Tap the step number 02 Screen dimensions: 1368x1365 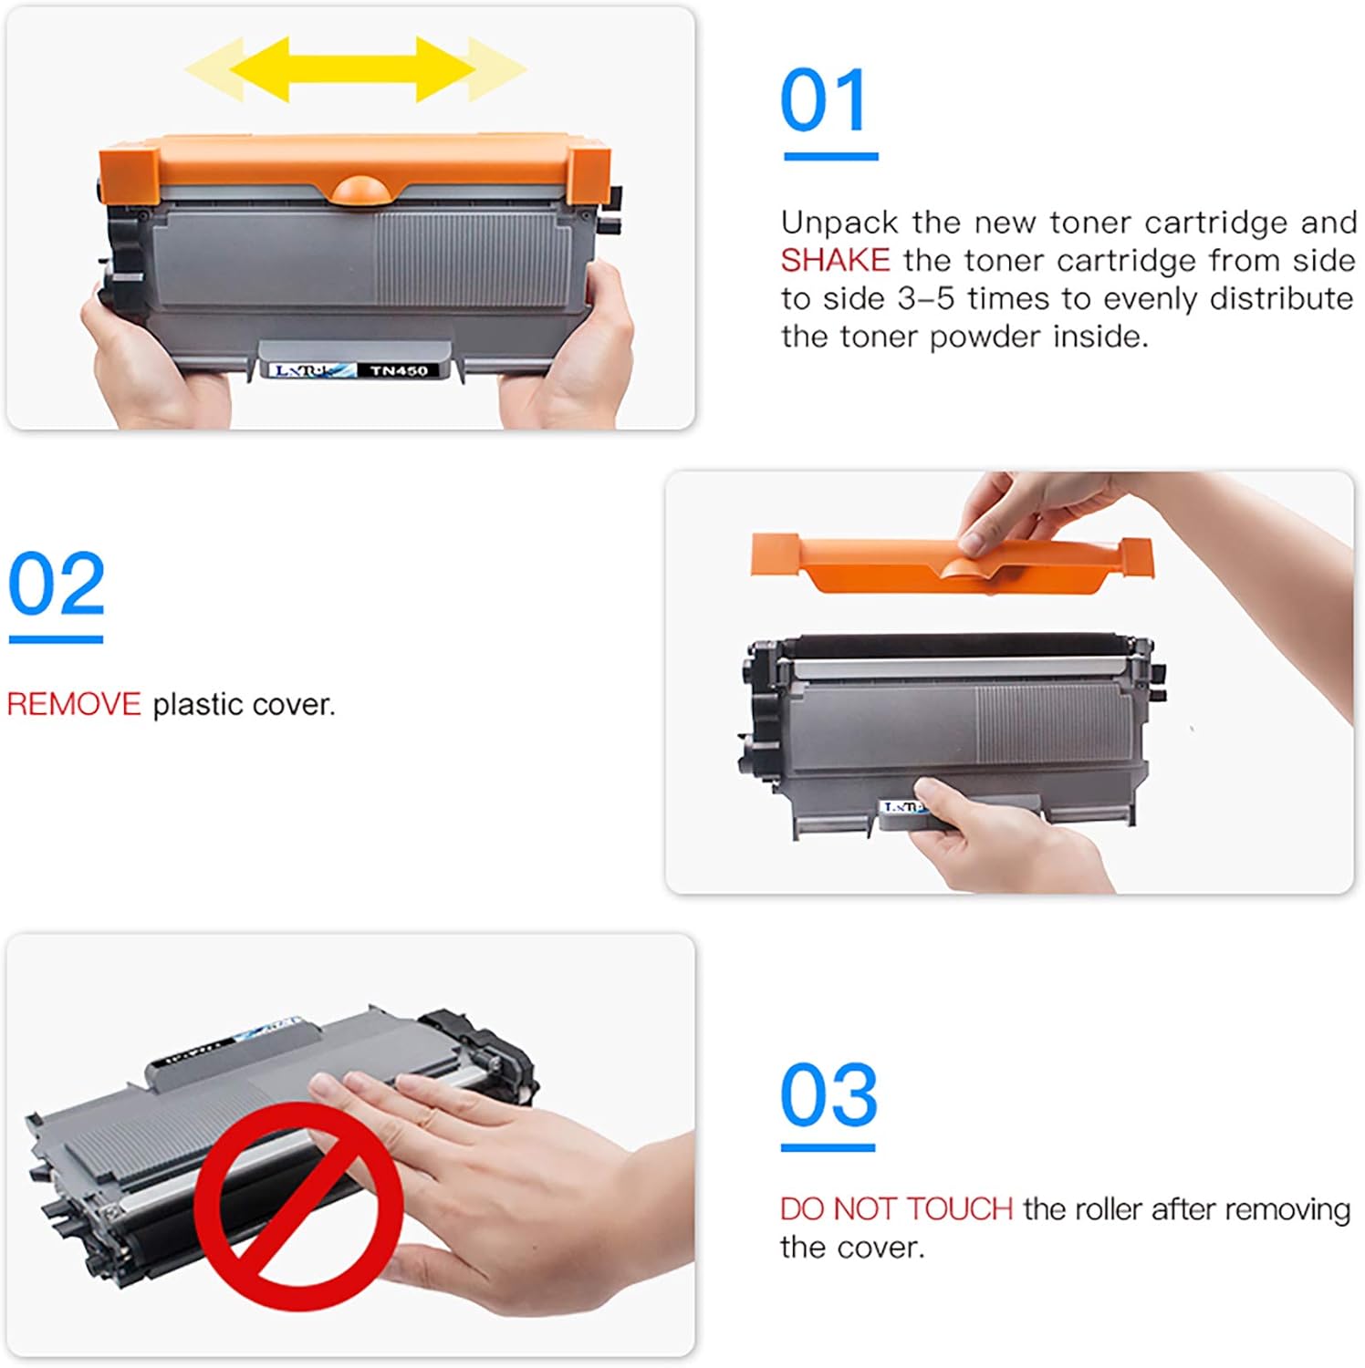pyautogui.click(x=57, y=584)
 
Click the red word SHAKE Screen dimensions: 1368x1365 pyautogui.click(x=835, y=261)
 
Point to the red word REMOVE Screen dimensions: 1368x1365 pyautogui.click(x=74, y=704)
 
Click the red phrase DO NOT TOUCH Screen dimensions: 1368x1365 pyautogui.click(x=896, y=1208)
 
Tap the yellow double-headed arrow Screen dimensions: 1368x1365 pyautogui.click(x=354, y=68)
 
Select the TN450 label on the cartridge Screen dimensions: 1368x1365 pyautogui.click(x=399, y=370)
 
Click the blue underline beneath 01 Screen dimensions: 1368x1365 pyautogui.click(x=830, y=157)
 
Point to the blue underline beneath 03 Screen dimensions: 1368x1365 pyautogui.click(x=828, y=1147)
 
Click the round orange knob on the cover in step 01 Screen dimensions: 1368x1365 pyautogui.click(x=364, y=189)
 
